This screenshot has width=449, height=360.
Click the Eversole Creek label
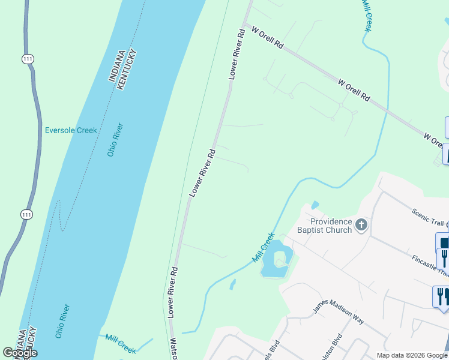click(x=71, y=130)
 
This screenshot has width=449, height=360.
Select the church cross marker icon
click(x=361, y=225)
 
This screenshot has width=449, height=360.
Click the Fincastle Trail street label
click(x=430, y=263)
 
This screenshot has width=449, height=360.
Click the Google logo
click(x=20, y=353)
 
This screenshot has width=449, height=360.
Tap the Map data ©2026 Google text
click(x=411, y=355)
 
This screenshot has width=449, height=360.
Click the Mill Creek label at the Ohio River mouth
click(x=121, y=344)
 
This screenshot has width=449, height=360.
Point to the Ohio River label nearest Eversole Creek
click(x=115, y=140)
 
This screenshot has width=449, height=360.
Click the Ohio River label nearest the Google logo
click(x=62, y=321)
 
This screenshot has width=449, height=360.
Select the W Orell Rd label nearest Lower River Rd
click(x=267, y=37)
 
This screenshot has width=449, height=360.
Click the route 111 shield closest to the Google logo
click(x=26, y=214)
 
